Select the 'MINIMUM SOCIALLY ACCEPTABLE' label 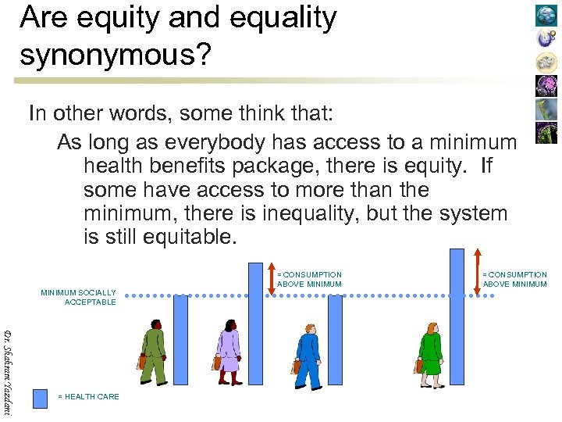click(78, 297)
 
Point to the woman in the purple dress click(228, 352)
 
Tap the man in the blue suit click(308, 356)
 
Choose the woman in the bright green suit click(430, 353)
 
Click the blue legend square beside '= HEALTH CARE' click(41, 397)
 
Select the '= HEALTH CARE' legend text click(89, 397)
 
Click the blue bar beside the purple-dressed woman click(255, 324)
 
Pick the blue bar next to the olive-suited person click(180, 340)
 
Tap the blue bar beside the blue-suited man click(335, 340)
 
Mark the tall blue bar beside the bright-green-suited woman click(457, 317)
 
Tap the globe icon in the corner click(546, 15)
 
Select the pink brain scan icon click(546, 85)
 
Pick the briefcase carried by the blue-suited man click(297, 367)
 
